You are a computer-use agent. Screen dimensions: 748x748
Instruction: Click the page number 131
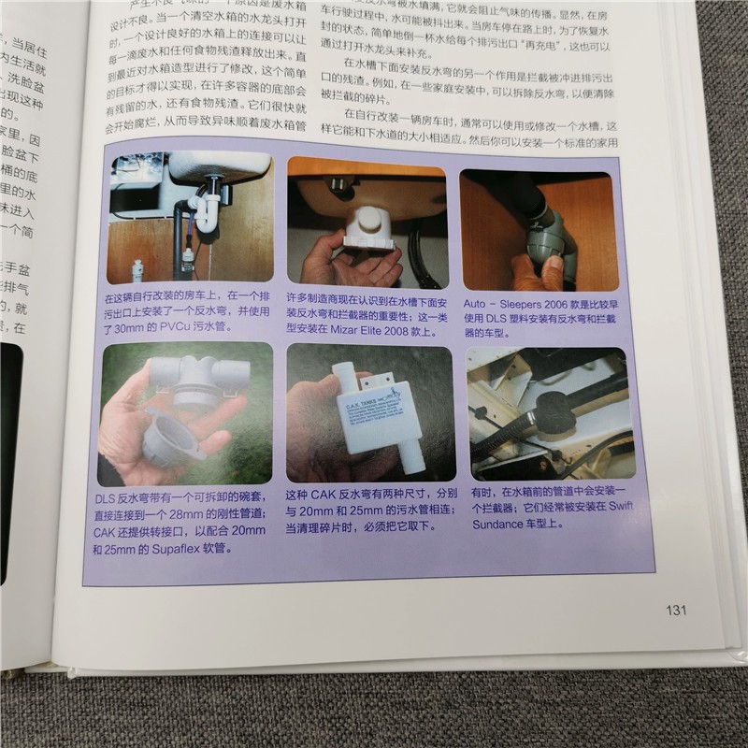[676, 611]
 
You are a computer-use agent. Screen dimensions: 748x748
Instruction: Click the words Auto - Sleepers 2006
[521, 303]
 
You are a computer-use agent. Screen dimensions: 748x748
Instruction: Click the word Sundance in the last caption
[502, 526]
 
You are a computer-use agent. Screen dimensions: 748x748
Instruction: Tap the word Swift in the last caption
[613, 509]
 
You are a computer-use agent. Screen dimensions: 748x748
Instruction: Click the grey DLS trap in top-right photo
[549, 238]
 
